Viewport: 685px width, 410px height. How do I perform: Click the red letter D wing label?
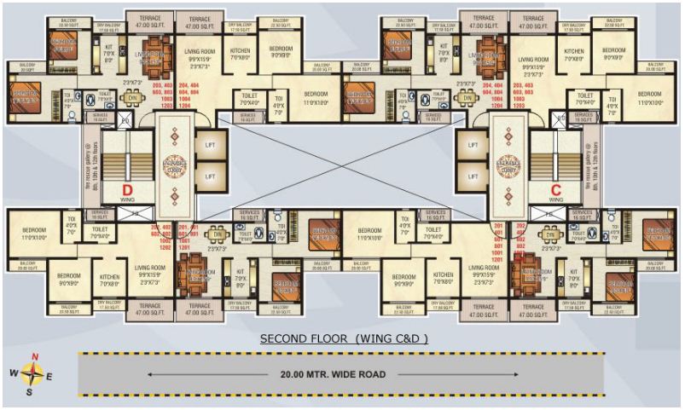coord(127,188)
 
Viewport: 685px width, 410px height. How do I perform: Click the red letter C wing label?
coord(555,188)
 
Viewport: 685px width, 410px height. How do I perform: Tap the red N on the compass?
coord(35,356)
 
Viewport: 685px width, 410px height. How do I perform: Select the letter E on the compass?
coord(49,376)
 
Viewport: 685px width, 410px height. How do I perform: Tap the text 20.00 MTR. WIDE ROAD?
coord(334,374)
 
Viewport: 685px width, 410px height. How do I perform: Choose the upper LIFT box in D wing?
coord(210,145)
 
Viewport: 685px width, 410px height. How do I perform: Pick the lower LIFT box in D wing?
coord(210,176)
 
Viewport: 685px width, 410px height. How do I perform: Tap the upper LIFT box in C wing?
coord(473,145)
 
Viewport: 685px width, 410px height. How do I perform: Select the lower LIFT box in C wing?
coord(473,176)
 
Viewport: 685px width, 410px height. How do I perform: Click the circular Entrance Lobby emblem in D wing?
coord(174,161)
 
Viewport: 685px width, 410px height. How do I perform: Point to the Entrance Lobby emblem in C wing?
coord(508,161)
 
